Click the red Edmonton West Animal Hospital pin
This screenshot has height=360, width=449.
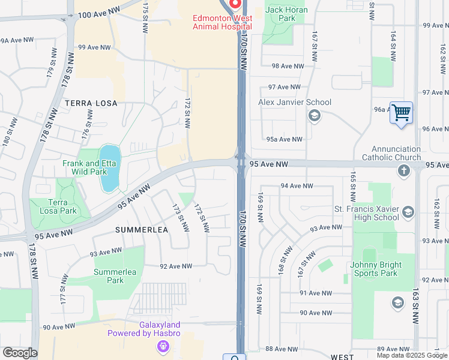pos(234,5)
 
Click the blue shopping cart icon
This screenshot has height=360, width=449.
pos(400,112)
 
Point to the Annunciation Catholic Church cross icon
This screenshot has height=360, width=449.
pos(404,172)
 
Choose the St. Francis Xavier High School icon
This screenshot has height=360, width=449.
pos(408,211)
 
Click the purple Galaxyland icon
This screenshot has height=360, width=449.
pos(161,346)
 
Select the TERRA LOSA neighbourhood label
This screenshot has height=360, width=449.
pos(91,103)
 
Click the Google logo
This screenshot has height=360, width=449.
pos(20,353)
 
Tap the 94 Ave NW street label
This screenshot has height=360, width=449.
pos(297,186)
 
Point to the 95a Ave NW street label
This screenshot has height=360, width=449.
pos(285,139)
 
